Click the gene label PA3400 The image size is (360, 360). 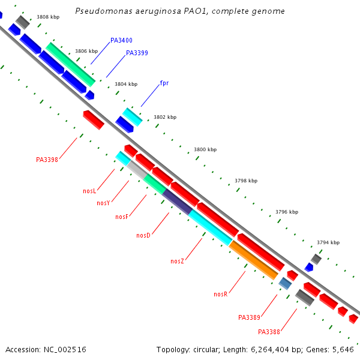pos(121,40)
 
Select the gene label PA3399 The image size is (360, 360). pos(137,53)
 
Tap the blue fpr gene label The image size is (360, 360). pos(164,83)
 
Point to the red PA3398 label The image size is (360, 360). pos(47,160)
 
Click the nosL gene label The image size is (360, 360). pos(89,191)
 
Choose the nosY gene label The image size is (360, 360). pos(103,203)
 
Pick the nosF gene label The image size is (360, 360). pos(122,217)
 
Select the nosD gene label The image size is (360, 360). pos(143,235)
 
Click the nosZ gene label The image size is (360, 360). pos(177,261)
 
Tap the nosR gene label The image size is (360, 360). pos(220,294)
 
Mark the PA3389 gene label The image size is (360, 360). pos(249,317)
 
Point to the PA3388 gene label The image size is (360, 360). pos(269,332)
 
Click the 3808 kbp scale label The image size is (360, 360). pos(48,17)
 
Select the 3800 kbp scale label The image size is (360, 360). pos(205,149)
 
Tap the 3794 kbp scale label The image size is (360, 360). pos(328,242)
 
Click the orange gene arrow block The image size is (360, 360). pos(253,260)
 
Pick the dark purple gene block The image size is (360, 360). pos(178,201)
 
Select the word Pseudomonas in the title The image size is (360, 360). pos(100,11)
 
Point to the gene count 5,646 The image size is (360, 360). pos(341,349)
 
